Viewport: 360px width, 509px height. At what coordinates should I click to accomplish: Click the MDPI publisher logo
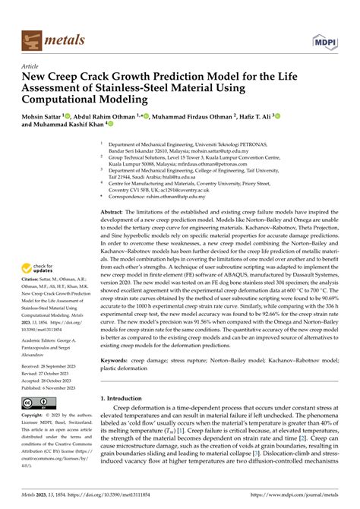[x=322, y=39]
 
